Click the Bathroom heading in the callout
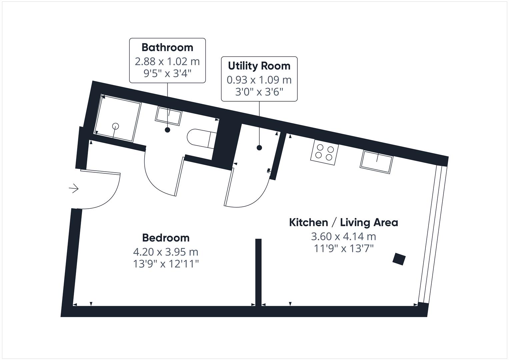click(167, 47)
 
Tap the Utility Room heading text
click(259, 66)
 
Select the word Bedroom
click(166, 238)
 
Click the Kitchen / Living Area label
click(343, 222)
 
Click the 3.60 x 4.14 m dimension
click(343, 236)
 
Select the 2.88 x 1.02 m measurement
click(167, 61)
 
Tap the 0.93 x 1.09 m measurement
click(259, 80)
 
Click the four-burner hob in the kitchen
click(325, 152)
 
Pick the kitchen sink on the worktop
click(377, 162)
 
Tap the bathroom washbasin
click(169, 116)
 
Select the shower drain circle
click(115, 126)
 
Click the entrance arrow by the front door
click(74, 189)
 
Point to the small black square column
click(399, 259)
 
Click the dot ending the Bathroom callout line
click(167, 130)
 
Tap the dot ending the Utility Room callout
click(259, 148)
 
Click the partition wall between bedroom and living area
click(258, 272)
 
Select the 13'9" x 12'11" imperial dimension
click(166, 264)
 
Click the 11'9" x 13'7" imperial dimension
click(343, 249)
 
